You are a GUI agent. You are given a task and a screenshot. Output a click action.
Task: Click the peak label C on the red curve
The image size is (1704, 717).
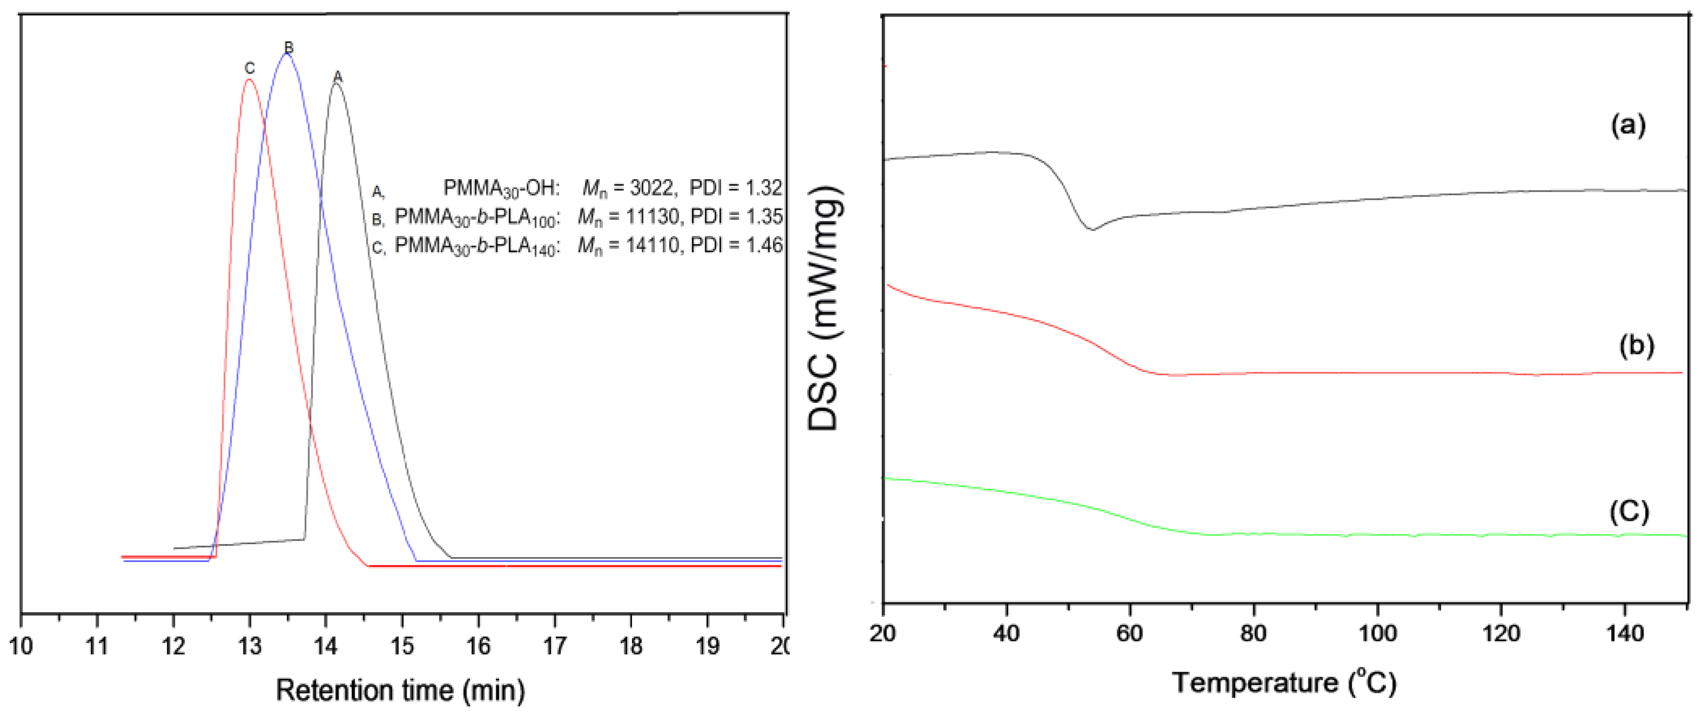click(x=249, y=68)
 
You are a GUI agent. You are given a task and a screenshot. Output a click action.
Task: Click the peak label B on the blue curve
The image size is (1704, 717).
click(x=288, y=47)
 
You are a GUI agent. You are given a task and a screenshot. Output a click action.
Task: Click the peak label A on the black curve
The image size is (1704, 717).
click(x=338, y=77)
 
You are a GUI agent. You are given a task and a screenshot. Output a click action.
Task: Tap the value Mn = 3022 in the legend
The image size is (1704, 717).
click(x=628, y=188)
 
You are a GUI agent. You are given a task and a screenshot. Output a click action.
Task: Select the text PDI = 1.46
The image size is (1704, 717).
click(x=736, y=246)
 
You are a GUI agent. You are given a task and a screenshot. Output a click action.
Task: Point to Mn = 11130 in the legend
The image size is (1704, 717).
click(x=628, y=217)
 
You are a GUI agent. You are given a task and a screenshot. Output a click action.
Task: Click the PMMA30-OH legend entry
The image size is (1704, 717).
click(x=501, y=189)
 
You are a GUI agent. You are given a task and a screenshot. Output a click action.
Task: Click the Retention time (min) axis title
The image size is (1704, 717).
click(x=400, y=690)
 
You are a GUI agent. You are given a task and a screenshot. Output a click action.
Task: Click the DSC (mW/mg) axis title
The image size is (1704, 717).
click(x=824, y=308)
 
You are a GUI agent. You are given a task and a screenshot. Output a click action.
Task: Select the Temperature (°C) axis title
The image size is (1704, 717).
click(x=1284, y=682)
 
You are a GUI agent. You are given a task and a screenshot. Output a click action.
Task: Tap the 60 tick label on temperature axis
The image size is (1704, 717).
click(x=1129, y=634)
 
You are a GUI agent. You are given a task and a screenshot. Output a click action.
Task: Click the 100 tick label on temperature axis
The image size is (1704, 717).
click(x=1377, y=634)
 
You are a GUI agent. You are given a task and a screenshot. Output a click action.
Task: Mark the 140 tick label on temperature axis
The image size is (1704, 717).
click(x=1625, y=634)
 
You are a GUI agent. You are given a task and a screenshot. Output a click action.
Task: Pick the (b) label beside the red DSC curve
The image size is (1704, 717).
click(x=1637, y=345)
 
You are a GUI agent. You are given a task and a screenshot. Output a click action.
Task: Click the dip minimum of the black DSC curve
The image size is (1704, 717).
click(x=1092, y=229)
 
